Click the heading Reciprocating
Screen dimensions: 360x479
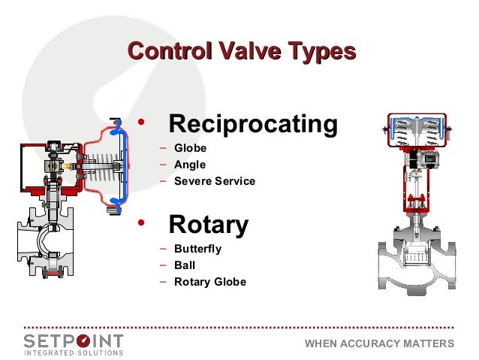[x=252, y=124]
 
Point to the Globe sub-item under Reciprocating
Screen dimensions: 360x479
[x=190, y=148]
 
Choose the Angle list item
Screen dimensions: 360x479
[x=190, y=165]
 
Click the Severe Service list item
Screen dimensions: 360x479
[x=215, y=181]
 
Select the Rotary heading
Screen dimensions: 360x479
[x=208, y=224]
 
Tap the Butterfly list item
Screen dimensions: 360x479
[x=197, y=249]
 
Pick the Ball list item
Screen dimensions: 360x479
[x=185, y=265]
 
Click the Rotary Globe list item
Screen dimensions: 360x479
[x=209, y=283]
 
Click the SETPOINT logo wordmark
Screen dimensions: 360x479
[x=73, y=340]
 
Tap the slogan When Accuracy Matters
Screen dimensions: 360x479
[x=379, y=344]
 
